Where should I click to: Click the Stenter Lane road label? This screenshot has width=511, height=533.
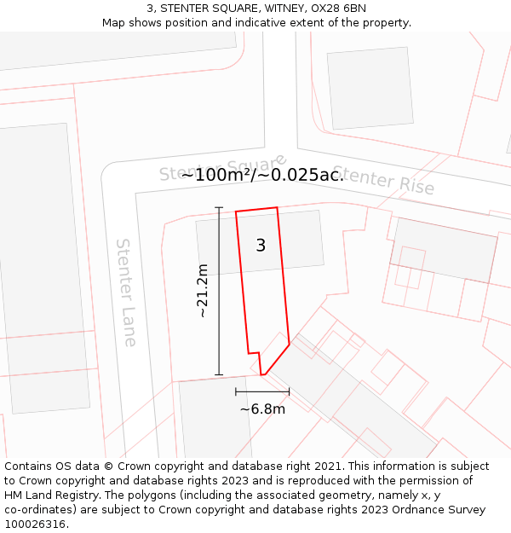(126, 293)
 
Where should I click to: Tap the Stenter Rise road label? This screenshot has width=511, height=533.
(382, 180)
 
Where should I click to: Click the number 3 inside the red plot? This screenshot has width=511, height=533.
(261, 246)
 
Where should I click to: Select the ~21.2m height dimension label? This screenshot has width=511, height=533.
(203, 291)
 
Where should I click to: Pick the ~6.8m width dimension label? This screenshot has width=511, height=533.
(262, 409)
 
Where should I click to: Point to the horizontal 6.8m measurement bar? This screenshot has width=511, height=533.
(262, 391)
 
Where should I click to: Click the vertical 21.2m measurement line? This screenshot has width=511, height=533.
(219, 291)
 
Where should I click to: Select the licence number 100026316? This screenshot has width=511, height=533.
(36, 524)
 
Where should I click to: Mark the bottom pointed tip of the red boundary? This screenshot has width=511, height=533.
(263, 374)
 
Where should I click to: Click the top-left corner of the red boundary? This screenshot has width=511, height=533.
(236, 211)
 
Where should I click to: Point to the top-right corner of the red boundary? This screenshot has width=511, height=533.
(277, 207)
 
